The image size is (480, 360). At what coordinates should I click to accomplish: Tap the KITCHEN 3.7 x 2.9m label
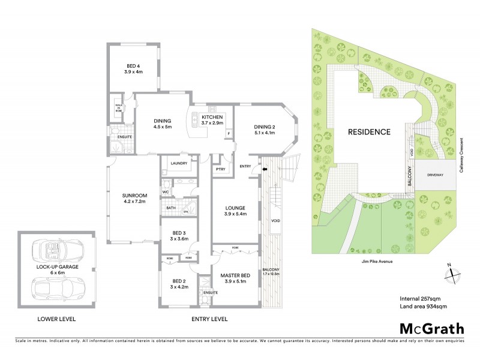click(x=212, y=120)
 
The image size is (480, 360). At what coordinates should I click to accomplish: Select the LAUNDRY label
click(x=179, y=163)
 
